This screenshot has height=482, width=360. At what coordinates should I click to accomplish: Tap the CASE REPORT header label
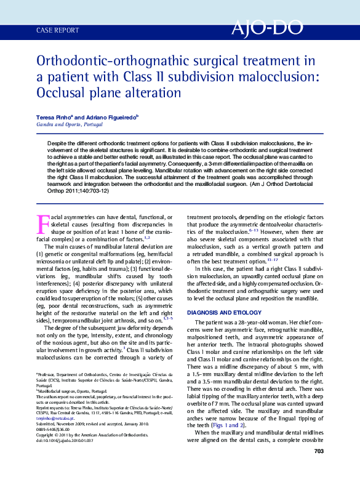(x=58, y=30)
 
